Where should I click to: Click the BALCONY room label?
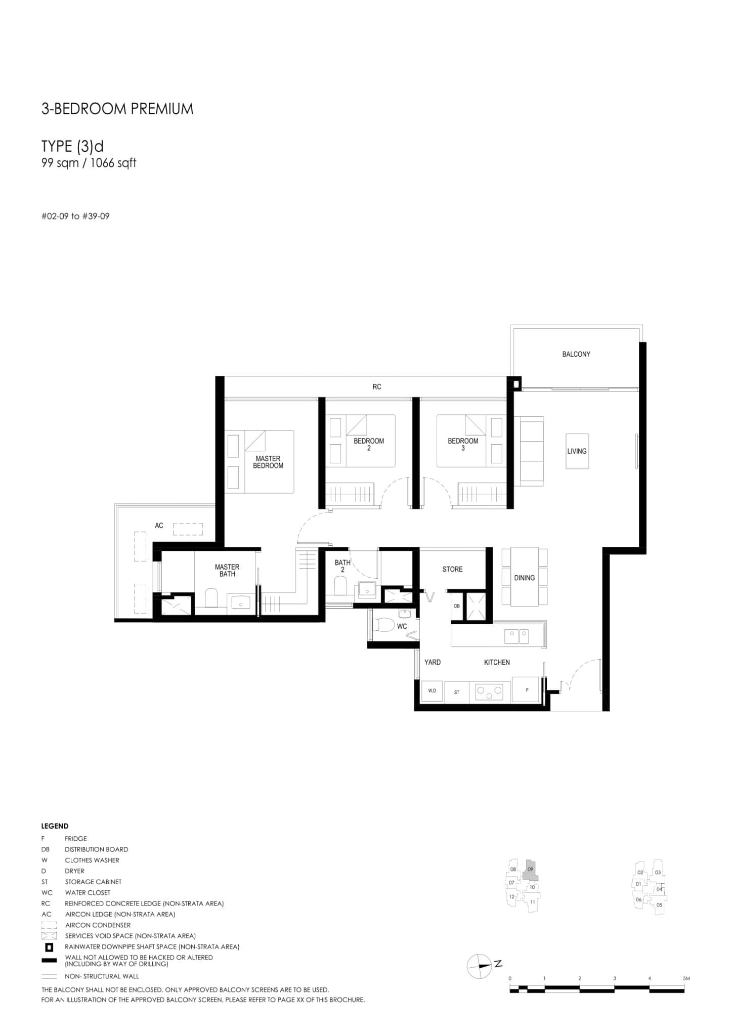[x=576, y=354]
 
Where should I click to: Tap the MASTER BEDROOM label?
[x=268, y=462]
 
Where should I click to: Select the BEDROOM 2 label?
[x=368, y=444]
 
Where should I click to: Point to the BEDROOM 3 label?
[x=462, y=444]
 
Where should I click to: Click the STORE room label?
[x=452, y=569]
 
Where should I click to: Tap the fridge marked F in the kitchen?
[x=527, y=690]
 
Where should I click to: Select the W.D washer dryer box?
[x=432, y=691]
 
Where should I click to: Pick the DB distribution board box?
[x=457, y=606]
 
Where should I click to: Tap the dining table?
[x=524, y=577]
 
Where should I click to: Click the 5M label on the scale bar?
[x=686, y=978]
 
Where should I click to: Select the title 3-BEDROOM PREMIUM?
[x=117, y=109]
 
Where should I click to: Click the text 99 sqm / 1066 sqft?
[x=89, y=163]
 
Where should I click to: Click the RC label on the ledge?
[x=376, y=386]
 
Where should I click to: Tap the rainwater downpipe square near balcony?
[x=515, y=384]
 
